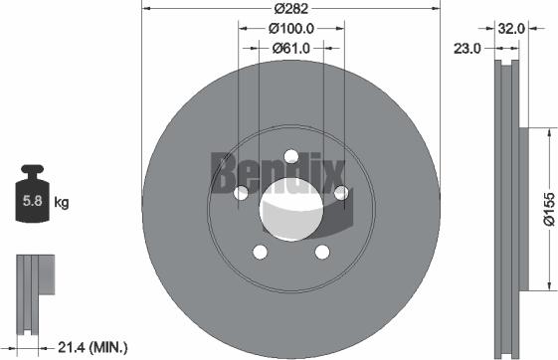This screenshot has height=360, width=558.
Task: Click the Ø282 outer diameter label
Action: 290,8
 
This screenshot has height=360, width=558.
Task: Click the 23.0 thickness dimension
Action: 467,47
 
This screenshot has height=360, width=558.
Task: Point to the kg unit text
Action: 62,204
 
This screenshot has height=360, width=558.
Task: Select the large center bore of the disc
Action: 290,210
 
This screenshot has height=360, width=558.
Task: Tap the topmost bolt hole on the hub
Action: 290,155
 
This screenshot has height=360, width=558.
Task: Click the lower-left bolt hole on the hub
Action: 260,252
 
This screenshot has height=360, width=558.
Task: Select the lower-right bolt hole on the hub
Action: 321,252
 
